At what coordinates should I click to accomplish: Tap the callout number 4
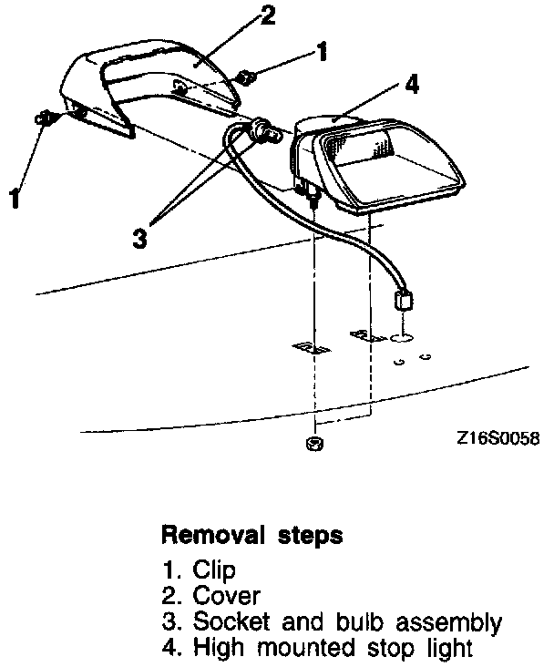(x=412, y=85)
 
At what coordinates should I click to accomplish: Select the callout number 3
(x=138, y=238)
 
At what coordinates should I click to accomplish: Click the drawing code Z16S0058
(x=498, y=438)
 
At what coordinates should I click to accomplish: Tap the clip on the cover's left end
(x=44, y=118)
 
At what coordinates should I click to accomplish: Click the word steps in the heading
(x=311, y=536)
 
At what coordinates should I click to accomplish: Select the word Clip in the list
(x=214, y=570)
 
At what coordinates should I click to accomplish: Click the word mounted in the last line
(x=297, y=650)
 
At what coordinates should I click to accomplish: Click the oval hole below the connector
(x=401, y=337)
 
